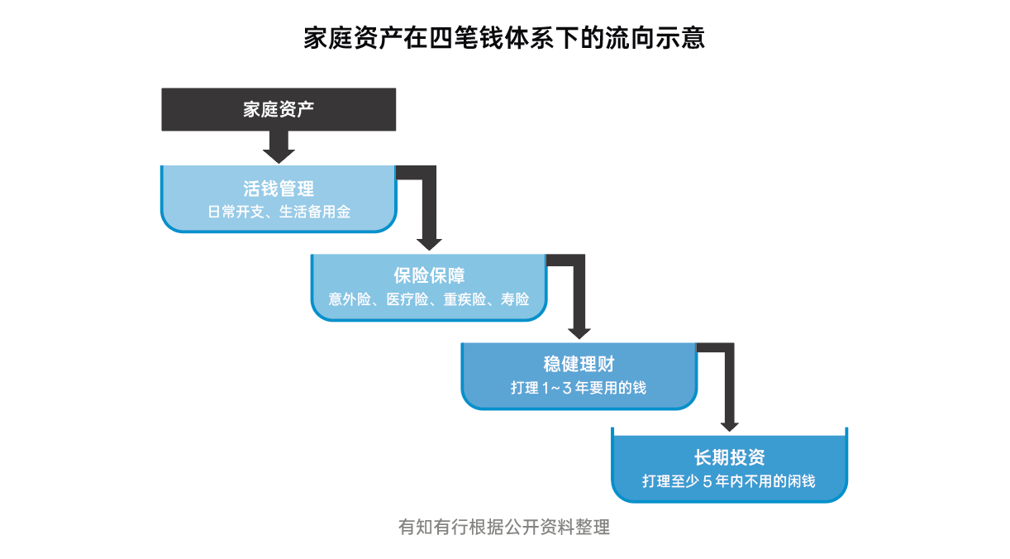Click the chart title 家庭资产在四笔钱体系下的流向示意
click(x=504, y=38)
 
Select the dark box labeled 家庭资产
click(x=279, y=110)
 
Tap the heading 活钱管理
click(x=279, y=189)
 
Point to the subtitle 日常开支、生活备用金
click(x=279, y=213)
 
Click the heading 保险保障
click(x=429, y=276)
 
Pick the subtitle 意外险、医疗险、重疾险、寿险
click(x=429, y=300)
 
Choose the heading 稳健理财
click(x=579, y=364)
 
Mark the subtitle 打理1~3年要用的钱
click(x=579, y=388)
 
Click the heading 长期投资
click(x=730, y=457)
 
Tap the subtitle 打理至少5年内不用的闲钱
click(x=730, y=480)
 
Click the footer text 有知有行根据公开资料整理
click(x=504, y=528)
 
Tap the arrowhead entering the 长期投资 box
click(x=729, y=424)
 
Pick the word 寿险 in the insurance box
click(x=516, y=300)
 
